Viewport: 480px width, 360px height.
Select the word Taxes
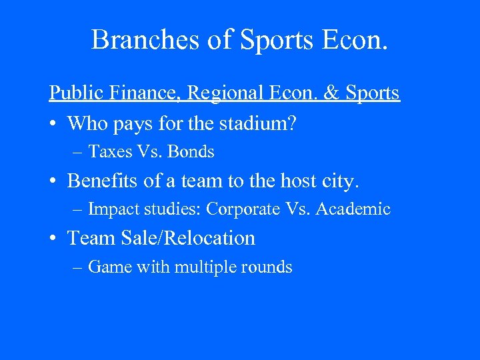(110, 152)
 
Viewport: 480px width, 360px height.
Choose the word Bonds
(191, 152)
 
